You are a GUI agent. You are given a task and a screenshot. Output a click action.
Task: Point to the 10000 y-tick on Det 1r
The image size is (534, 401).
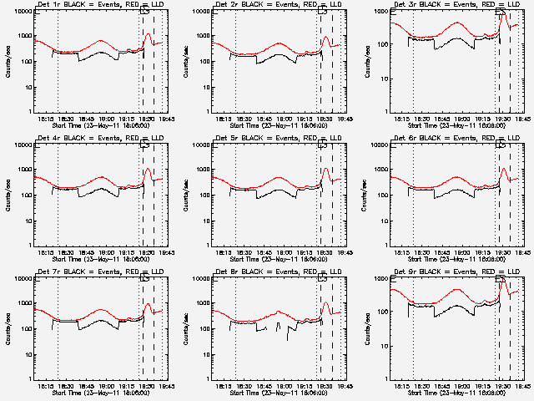[x=19, y=12]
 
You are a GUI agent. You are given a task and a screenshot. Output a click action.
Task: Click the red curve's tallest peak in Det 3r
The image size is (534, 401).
[x=503, y=14]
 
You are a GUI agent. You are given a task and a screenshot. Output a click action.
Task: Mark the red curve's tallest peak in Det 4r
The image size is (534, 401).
[x=148, y=169]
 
